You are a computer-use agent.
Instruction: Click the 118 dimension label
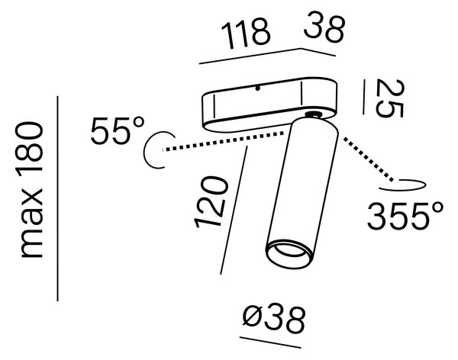tap(245, 34)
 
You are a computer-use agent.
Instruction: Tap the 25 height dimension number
tap(390, 98)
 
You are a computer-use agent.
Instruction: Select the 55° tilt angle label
tap(118, 130)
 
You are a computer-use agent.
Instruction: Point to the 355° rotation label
tap(405, 216)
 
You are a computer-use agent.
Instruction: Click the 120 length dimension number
tap(211, 202)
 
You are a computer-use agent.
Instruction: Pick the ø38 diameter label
tap(274, 320)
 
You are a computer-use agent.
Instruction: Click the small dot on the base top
tap(257, 88)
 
